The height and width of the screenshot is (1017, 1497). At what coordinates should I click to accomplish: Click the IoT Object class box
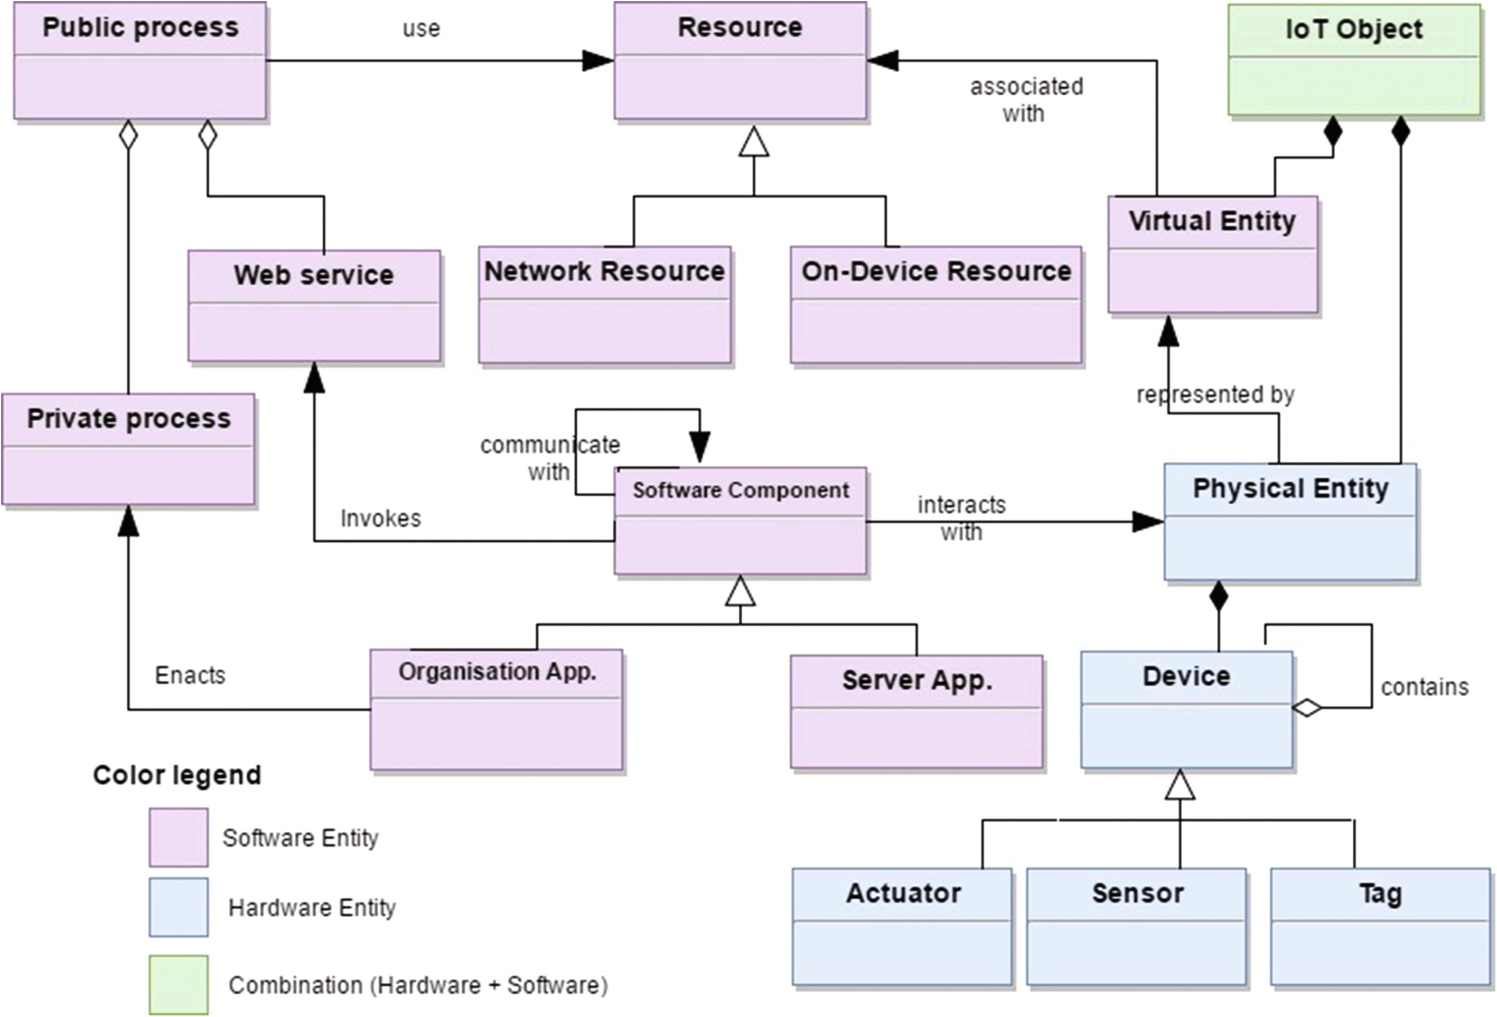[1354, 61]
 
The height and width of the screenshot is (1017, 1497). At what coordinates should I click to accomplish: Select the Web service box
[314, 306]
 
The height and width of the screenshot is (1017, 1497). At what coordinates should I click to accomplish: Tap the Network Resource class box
[605, 305]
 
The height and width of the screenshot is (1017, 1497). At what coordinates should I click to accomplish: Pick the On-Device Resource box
[936, 305]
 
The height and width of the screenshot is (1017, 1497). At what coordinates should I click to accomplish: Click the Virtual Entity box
[1212, 255]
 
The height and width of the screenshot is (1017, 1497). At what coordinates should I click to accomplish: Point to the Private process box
[128, 449]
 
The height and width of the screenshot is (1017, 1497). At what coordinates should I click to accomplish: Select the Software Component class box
[740, 521]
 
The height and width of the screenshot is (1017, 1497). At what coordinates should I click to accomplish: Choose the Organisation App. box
[496, 709]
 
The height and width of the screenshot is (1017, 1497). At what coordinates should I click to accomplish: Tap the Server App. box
[916, 712]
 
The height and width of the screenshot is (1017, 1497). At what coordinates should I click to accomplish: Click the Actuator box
[902, 926]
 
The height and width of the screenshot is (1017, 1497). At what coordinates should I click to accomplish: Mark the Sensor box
[1136, 926]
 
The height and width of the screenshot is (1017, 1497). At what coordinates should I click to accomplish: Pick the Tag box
[1380, 926]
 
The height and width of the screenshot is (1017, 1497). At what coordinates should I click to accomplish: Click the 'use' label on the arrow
[422, 29]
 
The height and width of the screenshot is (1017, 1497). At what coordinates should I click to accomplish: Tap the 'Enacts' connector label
[190, 675]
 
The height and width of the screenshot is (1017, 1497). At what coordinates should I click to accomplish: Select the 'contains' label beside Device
[1424, 687]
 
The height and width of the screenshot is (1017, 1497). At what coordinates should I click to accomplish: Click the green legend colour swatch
[179, 984]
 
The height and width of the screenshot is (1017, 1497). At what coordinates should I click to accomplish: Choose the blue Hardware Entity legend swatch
[179, 907]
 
